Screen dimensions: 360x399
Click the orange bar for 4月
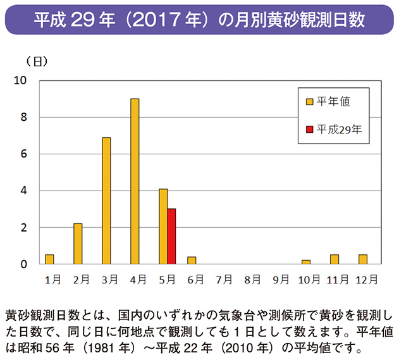point(135,181)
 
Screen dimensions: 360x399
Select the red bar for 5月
point(171,236)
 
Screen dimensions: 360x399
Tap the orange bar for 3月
point(106,201)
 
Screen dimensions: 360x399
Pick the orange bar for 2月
point(78,244)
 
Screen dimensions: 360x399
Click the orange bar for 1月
point(49,259)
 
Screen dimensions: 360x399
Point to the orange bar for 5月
point(163,226)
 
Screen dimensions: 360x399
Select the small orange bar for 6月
point(192,260)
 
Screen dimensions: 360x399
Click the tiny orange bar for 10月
point(306,261)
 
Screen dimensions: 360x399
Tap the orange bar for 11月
point(335,259)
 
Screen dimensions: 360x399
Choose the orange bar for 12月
point(363,259)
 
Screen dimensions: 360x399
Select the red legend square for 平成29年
point(309,130)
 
